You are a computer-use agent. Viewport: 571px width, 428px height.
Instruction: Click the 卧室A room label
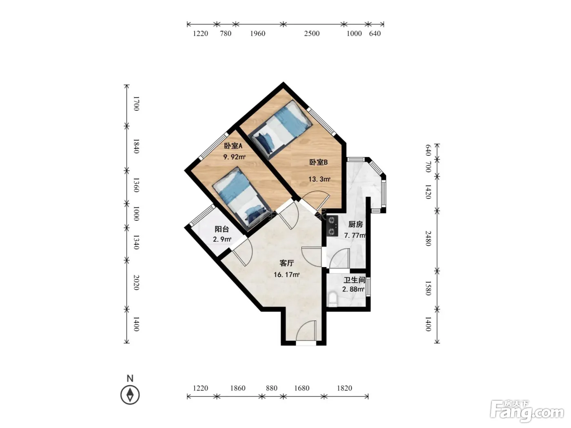[233, 146]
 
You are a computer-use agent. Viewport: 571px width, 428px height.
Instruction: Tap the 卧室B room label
[318, 162]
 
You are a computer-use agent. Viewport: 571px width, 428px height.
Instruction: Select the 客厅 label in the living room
[287, 263]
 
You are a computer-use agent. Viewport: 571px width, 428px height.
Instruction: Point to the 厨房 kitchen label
[355, 224]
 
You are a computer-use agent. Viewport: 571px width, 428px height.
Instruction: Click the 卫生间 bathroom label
[354, 280]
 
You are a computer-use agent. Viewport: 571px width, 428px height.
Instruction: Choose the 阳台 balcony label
[221, 229]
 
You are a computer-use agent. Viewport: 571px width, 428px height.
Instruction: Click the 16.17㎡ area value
[287, 274]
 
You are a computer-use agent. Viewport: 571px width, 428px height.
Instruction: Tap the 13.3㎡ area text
[319, 179]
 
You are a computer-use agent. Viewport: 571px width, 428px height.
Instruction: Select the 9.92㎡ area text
[235, 157]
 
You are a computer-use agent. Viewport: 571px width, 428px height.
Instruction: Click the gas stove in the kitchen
[332, 226]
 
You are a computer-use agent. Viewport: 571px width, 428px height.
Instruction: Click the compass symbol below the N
[130, 395]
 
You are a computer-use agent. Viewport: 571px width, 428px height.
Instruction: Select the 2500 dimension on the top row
[312, 33]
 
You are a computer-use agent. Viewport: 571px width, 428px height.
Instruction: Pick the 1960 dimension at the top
[257, 33]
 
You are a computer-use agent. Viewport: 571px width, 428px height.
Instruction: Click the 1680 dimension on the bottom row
[302, 388]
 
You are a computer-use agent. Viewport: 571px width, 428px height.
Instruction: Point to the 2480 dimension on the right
[428, 238]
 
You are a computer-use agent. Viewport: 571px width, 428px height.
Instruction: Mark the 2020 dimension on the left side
[136, 282]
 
